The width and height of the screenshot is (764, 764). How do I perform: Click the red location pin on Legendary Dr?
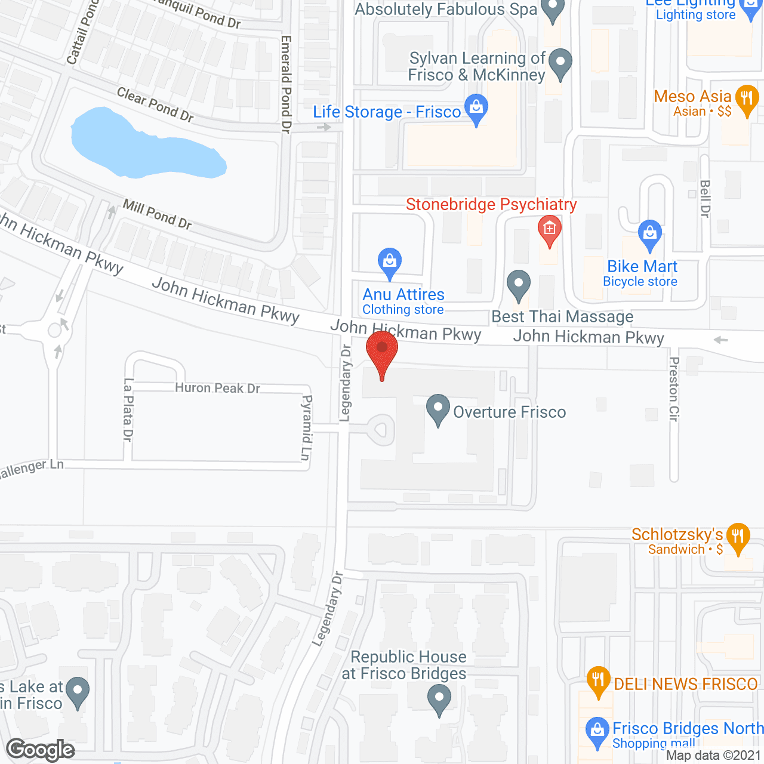[382, 350]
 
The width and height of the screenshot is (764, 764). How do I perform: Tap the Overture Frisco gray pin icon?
[438, 409]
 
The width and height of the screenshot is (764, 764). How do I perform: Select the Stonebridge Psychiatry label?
[491, 205]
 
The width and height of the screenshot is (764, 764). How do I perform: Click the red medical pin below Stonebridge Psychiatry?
[549, 230]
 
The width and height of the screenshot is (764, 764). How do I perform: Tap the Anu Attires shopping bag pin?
[389, 262]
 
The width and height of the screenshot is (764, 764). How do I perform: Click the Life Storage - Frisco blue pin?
[476, 109]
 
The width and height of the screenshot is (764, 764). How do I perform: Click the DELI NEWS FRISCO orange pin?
[597, 681]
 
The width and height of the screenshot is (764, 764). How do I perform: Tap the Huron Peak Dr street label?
[217, 388]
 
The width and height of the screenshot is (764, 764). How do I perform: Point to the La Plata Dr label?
[128, 409]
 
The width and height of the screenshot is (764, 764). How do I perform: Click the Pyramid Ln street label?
[306, 427]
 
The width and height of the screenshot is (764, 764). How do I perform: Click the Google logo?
[41, 750]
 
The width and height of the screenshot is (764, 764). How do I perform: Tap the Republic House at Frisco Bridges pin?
[439, 699]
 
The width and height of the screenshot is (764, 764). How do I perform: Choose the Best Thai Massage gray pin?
[518, 285]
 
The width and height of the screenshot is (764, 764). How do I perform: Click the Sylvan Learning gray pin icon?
[560, 63]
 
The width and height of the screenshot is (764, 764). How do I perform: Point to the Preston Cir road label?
[674, 389]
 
